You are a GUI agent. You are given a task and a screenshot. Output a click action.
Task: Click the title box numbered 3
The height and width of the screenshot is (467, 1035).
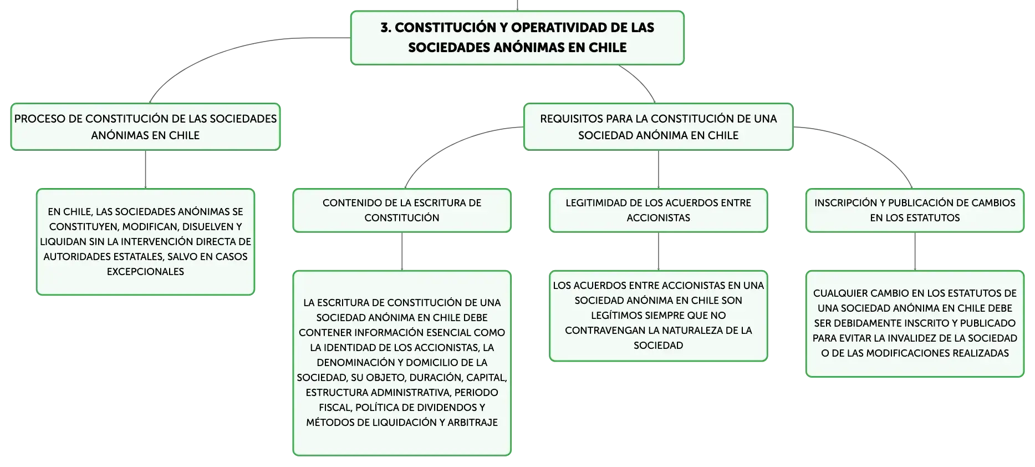coord(517,38)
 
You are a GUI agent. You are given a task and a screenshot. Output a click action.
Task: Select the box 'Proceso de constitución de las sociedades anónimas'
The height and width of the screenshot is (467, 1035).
coord(145,126)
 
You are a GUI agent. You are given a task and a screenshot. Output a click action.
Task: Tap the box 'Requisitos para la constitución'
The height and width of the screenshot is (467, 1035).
coord(658,126)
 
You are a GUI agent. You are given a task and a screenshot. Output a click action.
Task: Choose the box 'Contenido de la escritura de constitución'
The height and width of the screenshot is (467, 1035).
coord(402,210)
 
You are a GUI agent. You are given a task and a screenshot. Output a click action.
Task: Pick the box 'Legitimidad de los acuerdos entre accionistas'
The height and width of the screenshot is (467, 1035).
coord(658,210)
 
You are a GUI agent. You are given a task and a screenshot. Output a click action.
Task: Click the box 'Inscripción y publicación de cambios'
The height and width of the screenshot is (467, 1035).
coord(915,210)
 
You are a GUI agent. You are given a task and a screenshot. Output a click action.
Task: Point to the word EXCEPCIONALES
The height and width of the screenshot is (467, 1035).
coord(145,272)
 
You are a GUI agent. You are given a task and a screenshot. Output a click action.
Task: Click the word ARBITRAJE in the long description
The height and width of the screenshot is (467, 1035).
coord(472,423)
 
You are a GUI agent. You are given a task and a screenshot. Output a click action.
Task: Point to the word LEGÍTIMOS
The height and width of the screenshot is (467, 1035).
coord(618,316)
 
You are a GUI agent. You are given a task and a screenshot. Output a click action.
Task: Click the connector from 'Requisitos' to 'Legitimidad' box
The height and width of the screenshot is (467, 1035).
coord(659,169)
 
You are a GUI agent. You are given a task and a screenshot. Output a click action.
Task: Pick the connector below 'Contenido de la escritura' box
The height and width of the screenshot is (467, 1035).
coord(402,251)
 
